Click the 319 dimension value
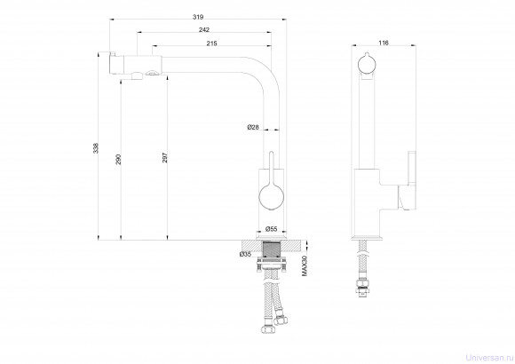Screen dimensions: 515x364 coord(198,17)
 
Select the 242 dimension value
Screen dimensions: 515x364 coord(204,30)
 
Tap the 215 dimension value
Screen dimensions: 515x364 coord(212,44)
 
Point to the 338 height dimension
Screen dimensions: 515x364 coord(96,148)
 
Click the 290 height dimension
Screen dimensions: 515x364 coord(119,159)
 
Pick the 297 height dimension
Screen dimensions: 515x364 coord(165,158)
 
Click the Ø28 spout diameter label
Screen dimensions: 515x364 coord(253,127)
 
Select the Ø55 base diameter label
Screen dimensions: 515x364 coord(272,229)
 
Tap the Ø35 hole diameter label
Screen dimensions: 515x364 coord(245,254)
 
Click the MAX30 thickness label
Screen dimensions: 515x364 coord(305,265)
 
